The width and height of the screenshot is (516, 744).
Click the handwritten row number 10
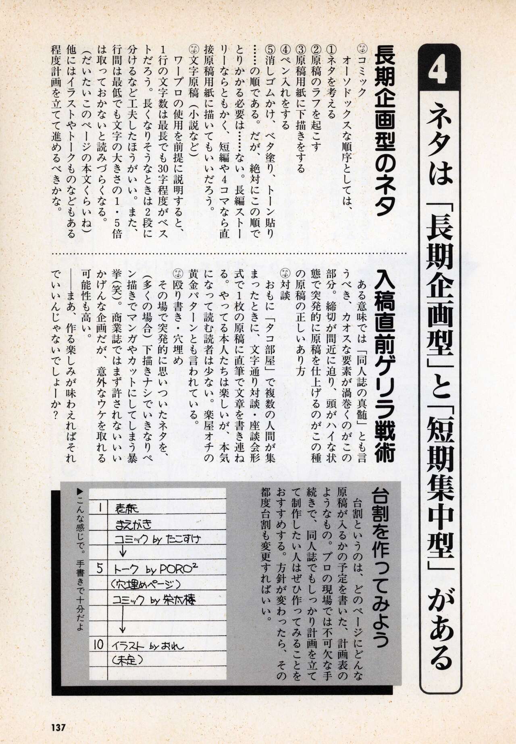tap(99, 645)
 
